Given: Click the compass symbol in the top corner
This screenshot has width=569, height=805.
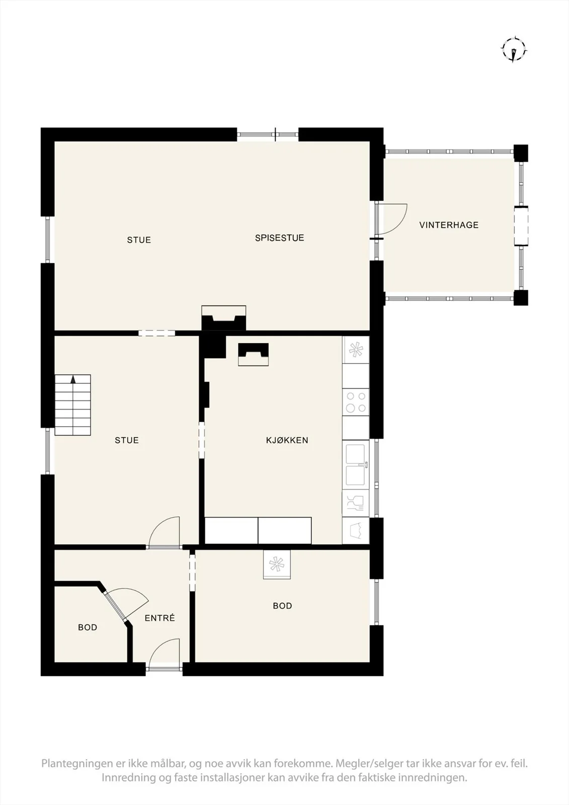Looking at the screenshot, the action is (514, 50).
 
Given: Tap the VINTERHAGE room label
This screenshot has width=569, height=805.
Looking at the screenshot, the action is (449, 225).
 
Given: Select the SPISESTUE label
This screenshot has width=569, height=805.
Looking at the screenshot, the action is (279, 237).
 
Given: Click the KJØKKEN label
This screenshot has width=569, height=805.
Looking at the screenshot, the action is (287, 440).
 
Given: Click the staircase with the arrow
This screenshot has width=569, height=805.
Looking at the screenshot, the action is (72, 405).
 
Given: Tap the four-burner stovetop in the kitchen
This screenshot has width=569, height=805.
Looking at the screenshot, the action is (356, 402).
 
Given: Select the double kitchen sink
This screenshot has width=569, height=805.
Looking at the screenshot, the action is (356, 465).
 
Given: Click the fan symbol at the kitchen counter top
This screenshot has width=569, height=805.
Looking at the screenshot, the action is (356, 350).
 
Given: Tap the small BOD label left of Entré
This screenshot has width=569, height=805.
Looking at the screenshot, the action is (88, 627).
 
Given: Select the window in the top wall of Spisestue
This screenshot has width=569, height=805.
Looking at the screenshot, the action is (268, 135).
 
